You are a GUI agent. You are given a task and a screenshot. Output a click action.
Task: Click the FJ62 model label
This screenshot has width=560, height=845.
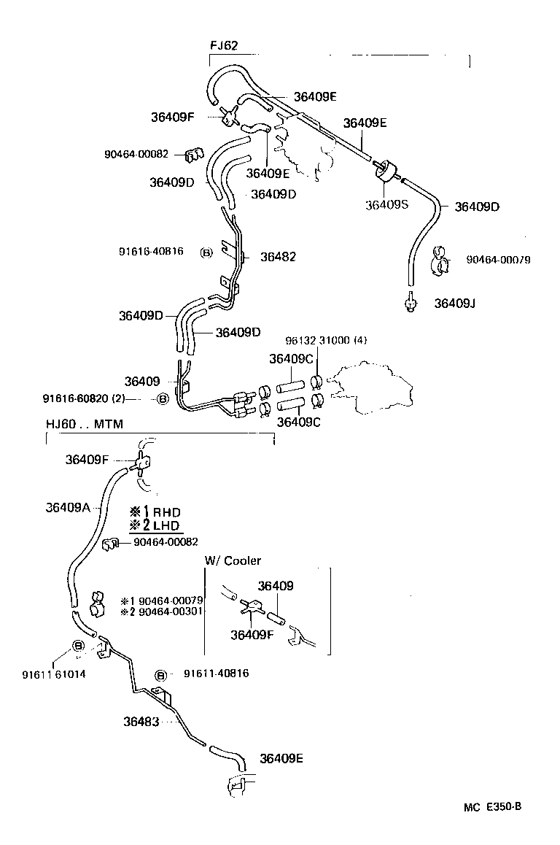click(x=224, y=45)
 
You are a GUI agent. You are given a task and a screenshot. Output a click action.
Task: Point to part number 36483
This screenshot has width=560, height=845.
click(x=141, y=722)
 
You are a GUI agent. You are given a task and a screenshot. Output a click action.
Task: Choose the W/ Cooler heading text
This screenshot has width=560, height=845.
click(x=233, y=560)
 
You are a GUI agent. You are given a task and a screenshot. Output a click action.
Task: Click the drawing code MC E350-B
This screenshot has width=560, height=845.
click(x=492, y=806)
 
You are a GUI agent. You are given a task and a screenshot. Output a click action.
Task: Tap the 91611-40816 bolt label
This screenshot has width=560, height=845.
click(x=216, y=674)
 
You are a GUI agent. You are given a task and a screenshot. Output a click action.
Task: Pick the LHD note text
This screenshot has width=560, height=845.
click(x=166, y=525)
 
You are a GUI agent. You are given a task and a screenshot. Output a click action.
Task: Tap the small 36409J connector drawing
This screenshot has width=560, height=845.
click(x=411, y=302)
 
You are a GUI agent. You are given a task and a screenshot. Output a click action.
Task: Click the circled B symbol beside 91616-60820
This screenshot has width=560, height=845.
click(x=163, y=399)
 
